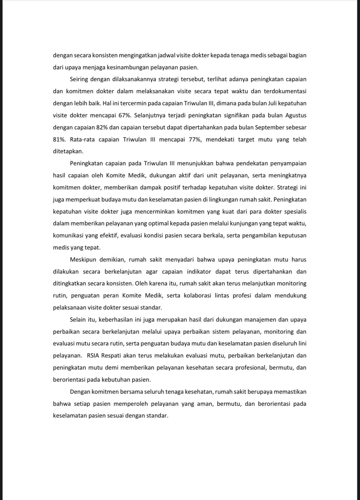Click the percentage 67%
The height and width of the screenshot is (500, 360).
click(125, 115)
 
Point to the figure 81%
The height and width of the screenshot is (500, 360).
click(59, 139)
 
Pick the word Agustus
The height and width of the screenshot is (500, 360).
click(296, 115)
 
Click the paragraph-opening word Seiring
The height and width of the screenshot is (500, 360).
click(79, 79)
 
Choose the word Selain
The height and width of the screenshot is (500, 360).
click(78, 320)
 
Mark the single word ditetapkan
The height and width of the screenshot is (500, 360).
click(68, 151)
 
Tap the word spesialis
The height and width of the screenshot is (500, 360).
click(295, 212)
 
